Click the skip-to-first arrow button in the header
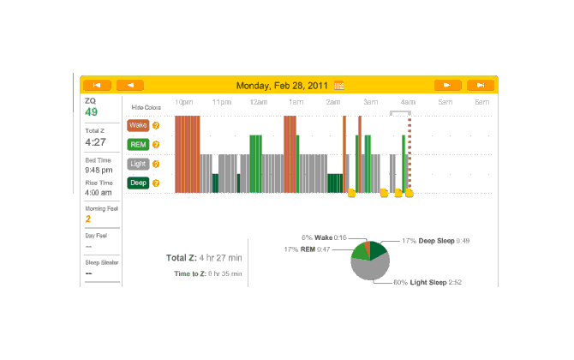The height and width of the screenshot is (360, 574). point(97,85)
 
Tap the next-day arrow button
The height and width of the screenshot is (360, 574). point(447,85)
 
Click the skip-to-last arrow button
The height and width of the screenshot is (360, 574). point(481,85)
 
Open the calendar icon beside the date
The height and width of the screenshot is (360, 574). point(339,86)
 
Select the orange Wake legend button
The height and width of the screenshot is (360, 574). point(138,125)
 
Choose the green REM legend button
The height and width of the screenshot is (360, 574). point(138,144)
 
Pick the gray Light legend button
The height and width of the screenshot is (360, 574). point(138,163)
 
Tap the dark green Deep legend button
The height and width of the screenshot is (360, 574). point(138,182)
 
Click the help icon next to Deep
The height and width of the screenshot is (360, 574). point(156,182)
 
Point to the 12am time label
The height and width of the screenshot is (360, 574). point(259,103)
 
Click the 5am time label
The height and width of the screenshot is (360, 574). point(445,103)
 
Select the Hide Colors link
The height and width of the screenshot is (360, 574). point(146,107)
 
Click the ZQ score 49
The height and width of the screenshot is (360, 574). point(91,112)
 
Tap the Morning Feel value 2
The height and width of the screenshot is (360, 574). point(88,219)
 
